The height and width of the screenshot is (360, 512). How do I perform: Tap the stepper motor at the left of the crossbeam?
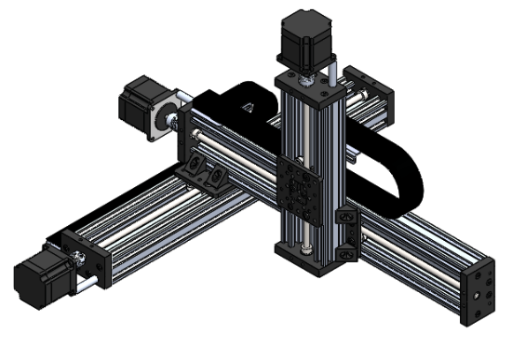(x=141, y=101)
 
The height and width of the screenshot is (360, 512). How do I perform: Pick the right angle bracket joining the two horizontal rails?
(x=220, y=178)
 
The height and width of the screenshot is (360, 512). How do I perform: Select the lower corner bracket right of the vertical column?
(x=347, y=250)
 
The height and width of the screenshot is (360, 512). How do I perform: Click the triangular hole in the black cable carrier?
(x=248, y=109)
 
